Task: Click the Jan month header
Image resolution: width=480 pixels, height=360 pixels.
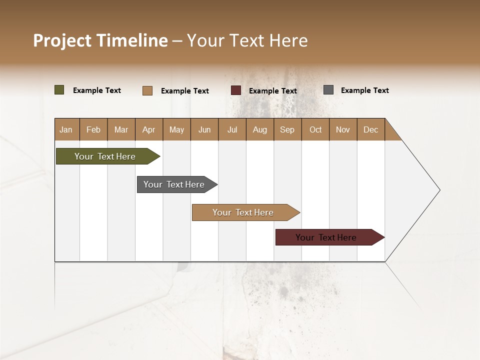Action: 66,129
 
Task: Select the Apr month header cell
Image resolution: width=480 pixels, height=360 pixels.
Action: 149,129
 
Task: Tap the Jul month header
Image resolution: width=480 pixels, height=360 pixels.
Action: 232,129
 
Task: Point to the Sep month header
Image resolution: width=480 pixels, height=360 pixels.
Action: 287,129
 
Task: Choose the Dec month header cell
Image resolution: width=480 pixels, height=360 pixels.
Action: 370,129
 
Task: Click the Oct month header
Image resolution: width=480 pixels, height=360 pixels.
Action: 315,129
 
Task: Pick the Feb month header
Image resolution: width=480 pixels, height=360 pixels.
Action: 93,129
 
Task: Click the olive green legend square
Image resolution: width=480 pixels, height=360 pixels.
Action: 59,90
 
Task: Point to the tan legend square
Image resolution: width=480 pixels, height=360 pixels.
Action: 147,90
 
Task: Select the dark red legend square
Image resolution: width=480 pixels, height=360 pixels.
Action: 236,90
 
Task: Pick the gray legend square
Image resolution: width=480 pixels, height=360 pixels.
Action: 328,90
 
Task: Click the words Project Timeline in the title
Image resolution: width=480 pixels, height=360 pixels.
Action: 100,40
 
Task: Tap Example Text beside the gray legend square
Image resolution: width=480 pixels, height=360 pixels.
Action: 364,90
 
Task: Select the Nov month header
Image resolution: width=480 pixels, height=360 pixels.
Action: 343,129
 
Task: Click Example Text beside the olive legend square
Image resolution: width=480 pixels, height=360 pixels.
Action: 97,90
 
